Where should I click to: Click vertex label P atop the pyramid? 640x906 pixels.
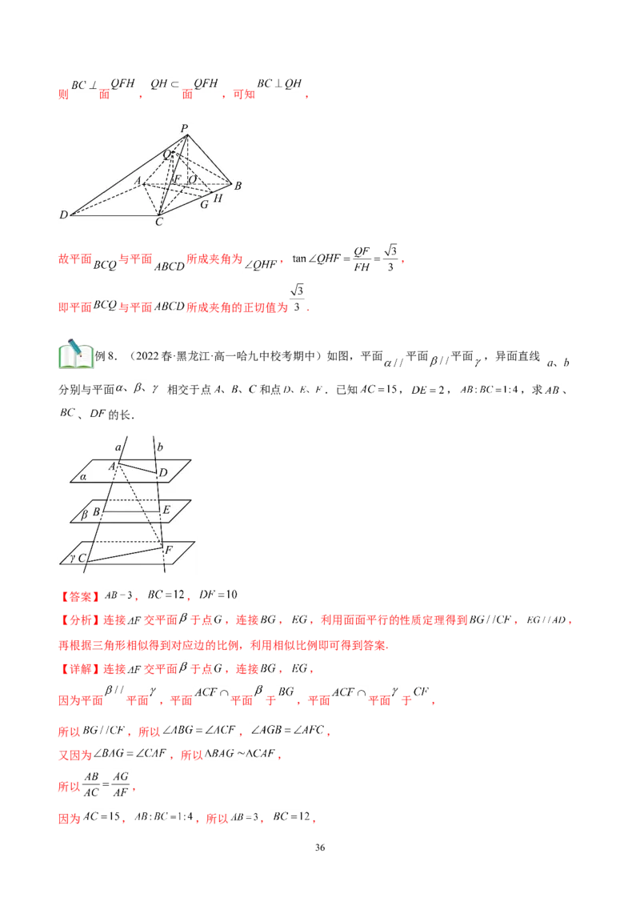pos(184,128)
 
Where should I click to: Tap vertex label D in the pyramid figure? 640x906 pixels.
pos(63,215)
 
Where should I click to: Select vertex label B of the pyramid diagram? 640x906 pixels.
pos(238,186)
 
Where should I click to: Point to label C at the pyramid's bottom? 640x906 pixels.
pos(159,222)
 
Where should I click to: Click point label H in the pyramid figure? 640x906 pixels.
pos(218,198)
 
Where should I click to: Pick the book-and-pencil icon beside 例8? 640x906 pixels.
pos(76,354)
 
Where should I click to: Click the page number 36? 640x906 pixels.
pos(320,847)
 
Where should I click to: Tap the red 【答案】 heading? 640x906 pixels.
pos(80,595)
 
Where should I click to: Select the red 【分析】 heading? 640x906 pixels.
pos(80,620)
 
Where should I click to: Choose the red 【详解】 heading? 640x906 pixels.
pos(80,669)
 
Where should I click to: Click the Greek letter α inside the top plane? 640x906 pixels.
pos(84,477)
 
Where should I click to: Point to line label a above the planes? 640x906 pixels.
pos(118,447)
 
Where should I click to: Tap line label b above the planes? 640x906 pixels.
pos(160,447)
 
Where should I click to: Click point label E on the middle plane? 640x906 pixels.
pos(167,510)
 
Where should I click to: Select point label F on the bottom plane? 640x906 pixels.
pos(170,550)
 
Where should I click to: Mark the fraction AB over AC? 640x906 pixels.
pos(91,784)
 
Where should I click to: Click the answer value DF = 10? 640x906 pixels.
pos(218,595)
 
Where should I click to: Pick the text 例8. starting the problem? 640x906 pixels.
pos(106,356)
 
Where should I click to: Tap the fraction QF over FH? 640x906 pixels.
pos(362,259)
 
